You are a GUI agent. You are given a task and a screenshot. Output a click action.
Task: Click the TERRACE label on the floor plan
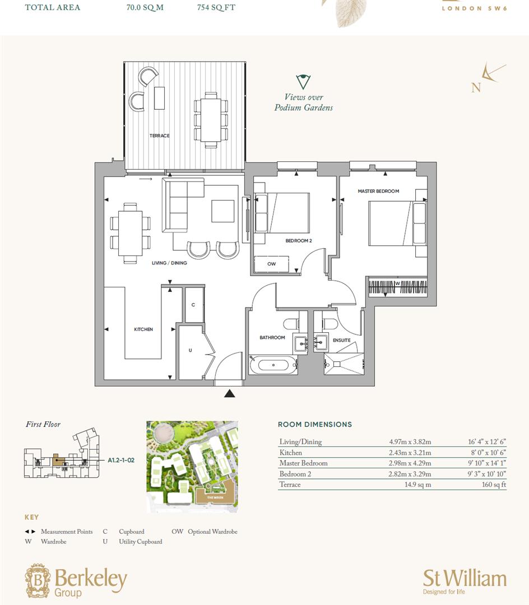pos(159,136)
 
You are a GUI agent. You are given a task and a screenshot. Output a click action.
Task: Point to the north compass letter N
pos(476,88)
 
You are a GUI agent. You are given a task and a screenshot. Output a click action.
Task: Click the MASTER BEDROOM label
pos(378,191)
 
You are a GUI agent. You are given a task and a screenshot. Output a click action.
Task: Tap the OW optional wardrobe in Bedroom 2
pos(271,263)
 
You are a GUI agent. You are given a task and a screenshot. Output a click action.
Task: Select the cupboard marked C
pos(193,305)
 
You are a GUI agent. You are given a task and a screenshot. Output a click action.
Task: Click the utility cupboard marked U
pos(191,350)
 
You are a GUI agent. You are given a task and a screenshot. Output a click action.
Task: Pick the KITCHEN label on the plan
pos(143,329)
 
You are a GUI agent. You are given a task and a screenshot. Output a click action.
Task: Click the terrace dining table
pos(211,120)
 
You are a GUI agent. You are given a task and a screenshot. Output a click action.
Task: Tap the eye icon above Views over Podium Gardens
pos(303,82)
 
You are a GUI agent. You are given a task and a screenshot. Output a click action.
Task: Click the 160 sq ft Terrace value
pos(491,485)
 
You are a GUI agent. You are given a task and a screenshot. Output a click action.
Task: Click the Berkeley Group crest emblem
pos(37,580)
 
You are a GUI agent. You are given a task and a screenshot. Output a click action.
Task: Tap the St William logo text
pos(464,578)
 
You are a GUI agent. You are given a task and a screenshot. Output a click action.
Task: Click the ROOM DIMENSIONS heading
pos(315,425)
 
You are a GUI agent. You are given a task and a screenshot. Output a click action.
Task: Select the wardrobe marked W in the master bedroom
pos(398,286)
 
